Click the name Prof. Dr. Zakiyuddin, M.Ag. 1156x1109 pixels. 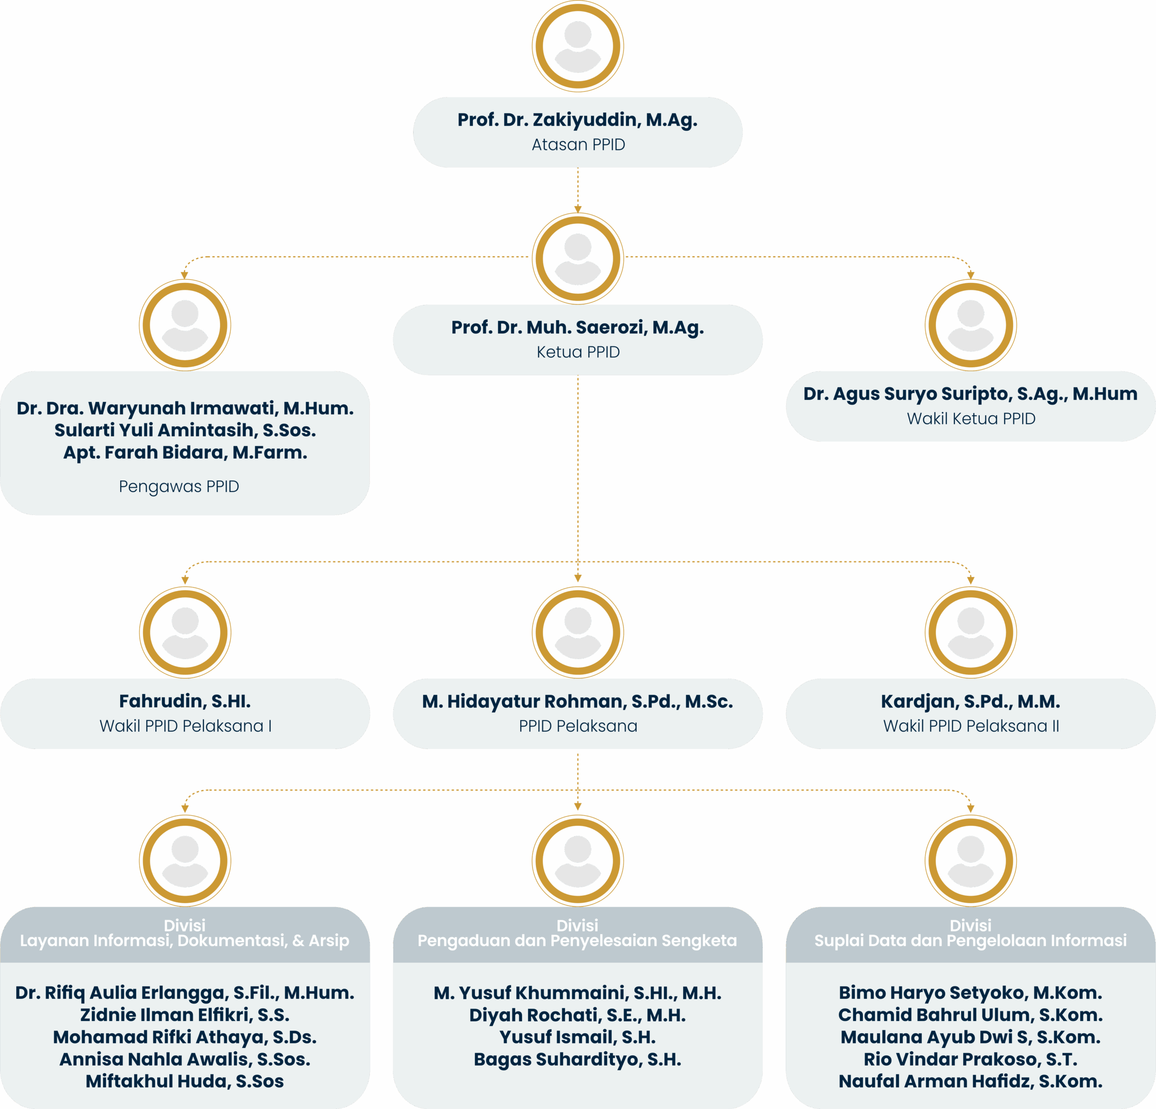(x=578, y=120)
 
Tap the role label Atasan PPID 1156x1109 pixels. (x=578, y=145)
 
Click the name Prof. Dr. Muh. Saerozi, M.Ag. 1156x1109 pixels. (x=578, y=328)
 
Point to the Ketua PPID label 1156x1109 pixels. (x=578, y=352)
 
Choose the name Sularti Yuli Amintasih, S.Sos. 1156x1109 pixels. (x=185, y=430)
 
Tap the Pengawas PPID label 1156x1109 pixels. (x=179, y=487)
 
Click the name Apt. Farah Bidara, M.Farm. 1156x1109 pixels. (x=185, y=453)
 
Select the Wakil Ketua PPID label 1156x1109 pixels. (x=971, y=419)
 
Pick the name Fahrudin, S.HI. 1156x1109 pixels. (x=185, y=702)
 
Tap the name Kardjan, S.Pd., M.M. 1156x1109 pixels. (x=970, y=702)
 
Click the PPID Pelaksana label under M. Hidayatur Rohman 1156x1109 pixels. (x=578, y=726)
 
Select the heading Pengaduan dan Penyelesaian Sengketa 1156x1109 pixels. (x=578, y=941)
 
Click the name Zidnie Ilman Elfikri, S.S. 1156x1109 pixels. (x=185, y=1015)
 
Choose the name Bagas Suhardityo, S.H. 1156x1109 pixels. (x=578, y=1059)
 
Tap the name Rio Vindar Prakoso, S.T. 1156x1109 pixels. (x=970, y=1059)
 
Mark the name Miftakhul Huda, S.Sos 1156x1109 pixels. (x=185, y=1082)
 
